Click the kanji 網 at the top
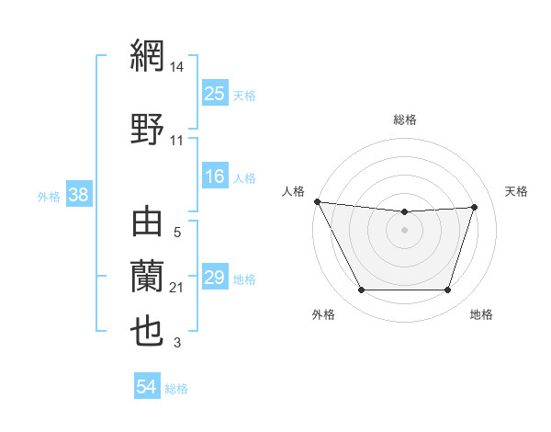[x=148, y=55]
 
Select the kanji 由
[x=148, y=224]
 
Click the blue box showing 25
[x=215, y=93]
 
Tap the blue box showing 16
[x=215, y=176]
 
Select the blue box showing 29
[x=215, y=278]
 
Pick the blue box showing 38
[x=79, y=195]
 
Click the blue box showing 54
[x=147, y=387]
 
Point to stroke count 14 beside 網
[x=177, y=66]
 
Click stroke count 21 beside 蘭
[x=177, y=288]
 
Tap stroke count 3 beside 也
[x=177, y=343]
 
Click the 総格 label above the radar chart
[x=404, y=119]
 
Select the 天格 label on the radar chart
[x=517, y=191]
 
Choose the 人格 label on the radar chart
[x=294, y=191]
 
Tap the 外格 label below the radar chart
[x=323, y=314]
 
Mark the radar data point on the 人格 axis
[x=317, y=201]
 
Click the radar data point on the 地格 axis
[x=447, y=290]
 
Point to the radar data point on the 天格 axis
[x=475, y=207]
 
